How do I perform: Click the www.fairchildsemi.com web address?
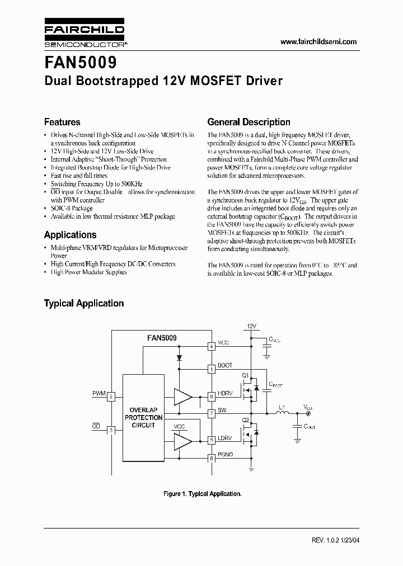[317, 42]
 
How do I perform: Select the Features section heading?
[62, 122]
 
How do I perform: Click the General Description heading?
[249, 122]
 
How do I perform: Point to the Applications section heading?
[70, 235]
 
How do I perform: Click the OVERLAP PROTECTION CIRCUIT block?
[143, 417]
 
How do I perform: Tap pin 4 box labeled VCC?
[212, 346]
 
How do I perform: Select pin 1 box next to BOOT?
[212, 369]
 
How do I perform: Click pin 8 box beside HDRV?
[212, 396]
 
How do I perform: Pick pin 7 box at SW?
[212, 414]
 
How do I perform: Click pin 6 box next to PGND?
[212, 459]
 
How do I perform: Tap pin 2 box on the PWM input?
[111, 397]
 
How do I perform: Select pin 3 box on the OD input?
[111, 430]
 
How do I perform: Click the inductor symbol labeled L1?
[282, 414]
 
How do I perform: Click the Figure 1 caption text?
[202, 494]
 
